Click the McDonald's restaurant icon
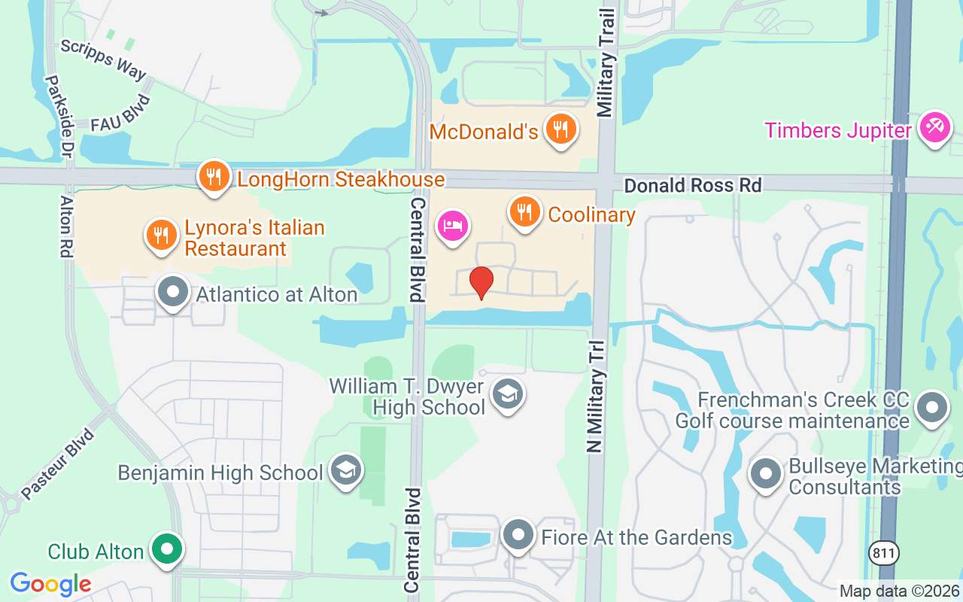(x=561, y=129)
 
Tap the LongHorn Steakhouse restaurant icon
(x=215, y=176)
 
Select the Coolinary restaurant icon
(x=525, y=211)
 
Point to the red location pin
(x=481, y=283)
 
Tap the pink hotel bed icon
(x=454, y=225)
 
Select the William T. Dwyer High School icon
(x=508, y=394)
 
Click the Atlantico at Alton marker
(x=174, y=291)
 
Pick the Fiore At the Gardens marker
(x=518, y=535)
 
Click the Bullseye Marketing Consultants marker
(x=767, y=474)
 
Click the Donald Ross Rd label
(x=693, y=185)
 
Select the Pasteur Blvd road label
(x=58, y=464)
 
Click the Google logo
(x=50, y=583)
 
